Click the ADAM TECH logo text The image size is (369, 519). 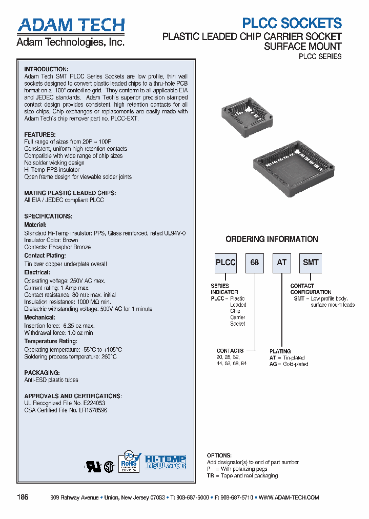(x=71, y=25)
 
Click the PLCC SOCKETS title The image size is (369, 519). (x=292, y=23)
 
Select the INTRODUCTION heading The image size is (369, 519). (x=46, y=69)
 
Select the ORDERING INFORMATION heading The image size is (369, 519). (x=272, y=239)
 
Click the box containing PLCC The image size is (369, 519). (x=225, y=262)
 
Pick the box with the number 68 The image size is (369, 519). (x=255, y=262)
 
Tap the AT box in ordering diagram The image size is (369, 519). (x=282, y=262)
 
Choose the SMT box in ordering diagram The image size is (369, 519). (x=311, y=262)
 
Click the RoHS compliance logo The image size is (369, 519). (x=130, y=462)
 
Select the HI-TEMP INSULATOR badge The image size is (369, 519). (x=165, y=462)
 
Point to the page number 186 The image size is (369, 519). (x=23, y=497)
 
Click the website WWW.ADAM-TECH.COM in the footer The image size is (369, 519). (x=289, y=497)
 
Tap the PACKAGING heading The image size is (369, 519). (x=42, y=373)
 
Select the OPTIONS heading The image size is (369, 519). (x=219, y=455)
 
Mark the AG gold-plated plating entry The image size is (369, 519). (x=289, y=364)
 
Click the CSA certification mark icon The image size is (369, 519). (x=109, y=467)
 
